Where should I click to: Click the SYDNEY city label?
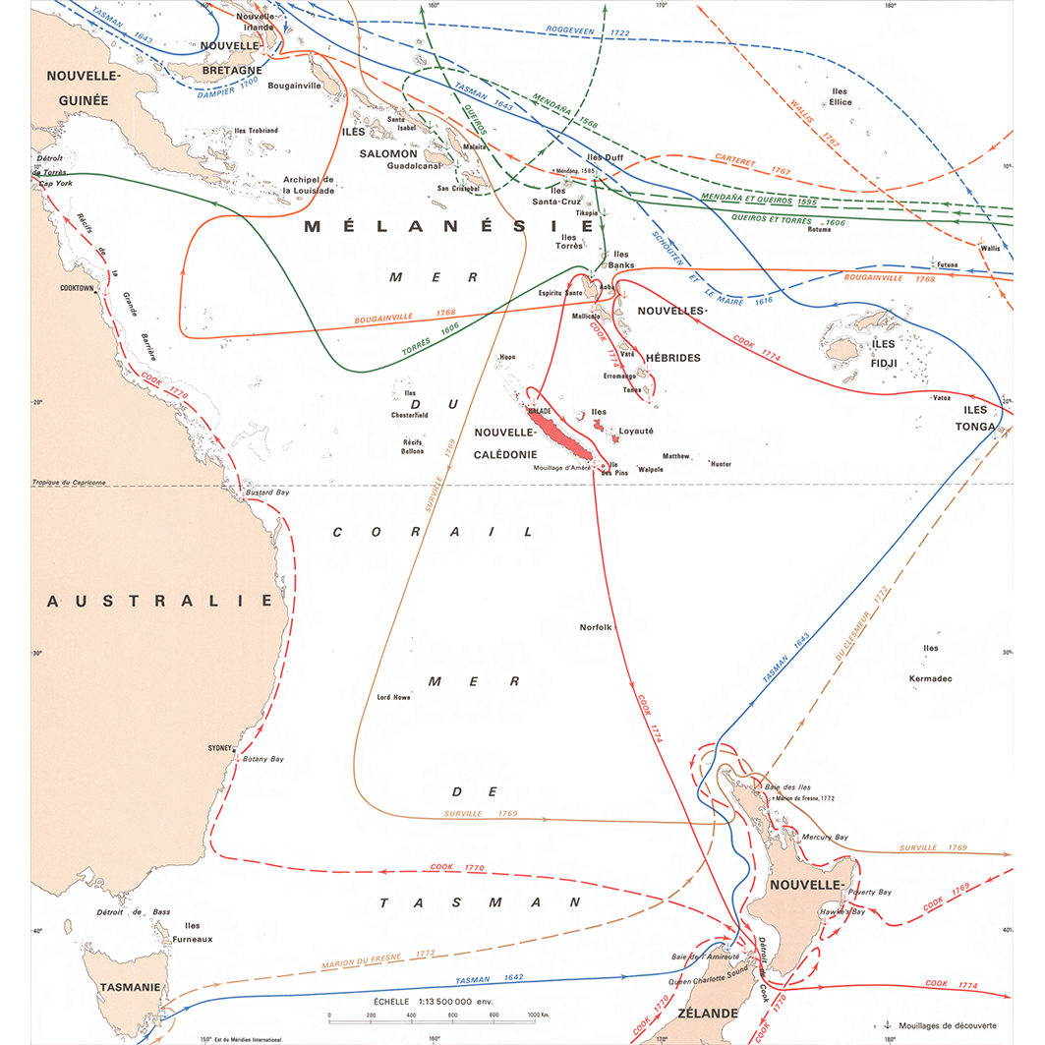219,748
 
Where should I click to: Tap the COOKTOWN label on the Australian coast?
76,289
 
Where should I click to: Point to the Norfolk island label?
596,627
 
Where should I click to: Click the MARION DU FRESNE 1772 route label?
377,958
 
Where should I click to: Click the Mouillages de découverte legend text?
955,1024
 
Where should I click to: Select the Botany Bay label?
262,759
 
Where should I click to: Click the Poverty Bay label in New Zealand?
870,893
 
